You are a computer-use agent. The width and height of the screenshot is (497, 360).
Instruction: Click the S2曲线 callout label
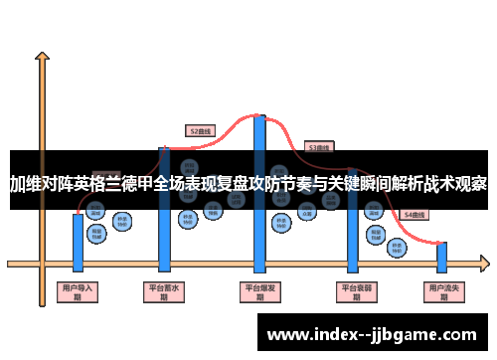tap(200, 130)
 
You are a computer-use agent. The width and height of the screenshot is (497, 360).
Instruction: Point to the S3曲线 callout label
tap(318, 146)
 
